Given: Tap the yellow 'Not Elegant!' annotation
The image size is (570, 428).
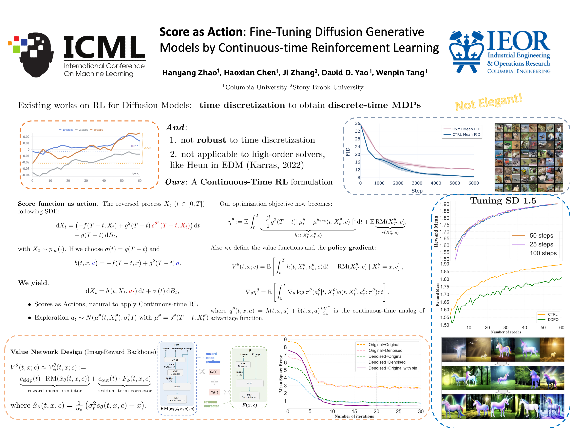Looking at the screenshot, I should [489, 102].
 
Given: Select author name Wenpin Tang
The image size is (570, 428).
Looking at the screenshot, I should [400, 73].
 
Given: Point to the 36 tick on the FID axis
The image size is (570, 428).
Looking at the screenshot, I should [357, 124].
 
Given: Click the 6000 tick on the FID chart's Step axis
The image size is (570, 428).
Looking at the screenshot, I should [473, 183].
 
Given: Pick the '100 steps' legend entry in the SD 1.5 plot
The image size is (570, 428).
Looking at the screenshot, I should [543, 253].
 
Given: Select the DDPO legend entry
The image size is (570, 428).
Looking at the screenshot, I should [553, 320].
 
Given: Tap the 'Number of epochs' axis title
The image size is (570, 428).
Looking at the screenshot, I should [506, 332].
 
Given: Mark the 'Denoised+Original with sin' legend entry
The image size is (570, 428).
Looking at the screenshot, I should [392, 368].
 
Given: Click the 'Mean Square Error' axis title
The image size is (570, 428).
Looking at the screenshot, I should [281, 374].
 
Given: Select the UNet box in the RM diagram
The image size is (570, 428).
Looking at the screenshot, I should [175, 360].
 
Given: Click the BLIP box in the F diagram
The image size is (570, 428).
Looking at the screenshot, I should [249, 383].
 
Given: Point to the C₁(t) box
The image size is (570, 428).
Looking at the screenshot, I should [214, 372].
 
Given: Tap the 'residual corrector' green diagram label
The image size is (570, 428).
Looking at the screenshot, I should [211, 404].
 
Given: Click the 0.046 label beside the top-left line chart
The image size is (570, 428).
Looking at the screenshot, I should [148, 148].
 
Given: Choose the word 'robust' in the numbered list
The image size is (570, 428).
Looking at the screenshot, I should [211, 140].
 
